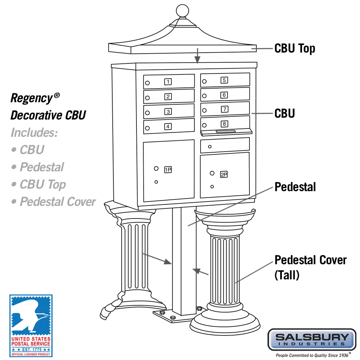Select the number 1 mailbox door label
point(168,82)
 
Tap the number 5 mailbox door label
point(224,80)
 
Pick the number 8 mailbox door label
point(224,124)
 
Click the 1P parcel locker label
point(168,170)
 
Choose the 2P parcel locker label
point(224,175)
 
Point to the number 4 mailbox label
point(168,126)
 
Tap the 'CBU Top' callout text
point(294,48)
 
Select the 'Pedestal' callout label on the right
point(295,187)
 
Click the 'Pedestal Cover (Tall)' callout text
point(310,267)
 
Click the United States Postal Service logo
point(31,325)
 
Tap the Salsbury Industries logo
point(312,339)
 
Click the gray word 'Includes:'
point(34,132)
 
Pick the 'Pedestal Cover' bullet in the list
point(58,202)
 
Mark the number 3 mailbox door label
point(168,112)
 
